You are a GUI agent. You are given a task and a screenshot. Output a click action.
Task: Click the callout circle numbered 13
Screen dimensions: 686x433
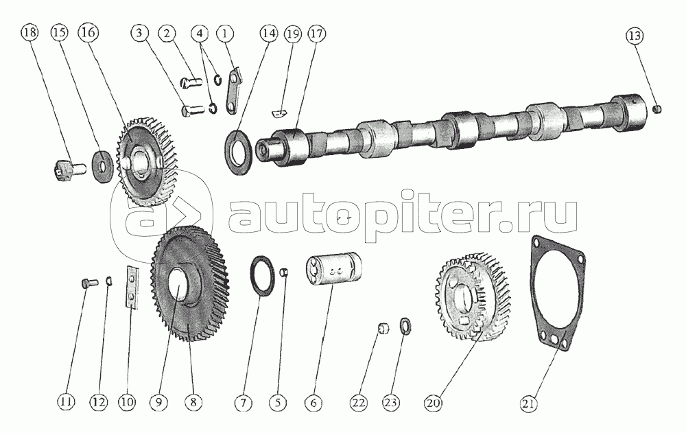635,36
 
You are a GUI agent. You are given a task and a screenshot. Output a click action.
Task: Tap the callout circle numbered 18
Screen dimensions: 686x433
29,33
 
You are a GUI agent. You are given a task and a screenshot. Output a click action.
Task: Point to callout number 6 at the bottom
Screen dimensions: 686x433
314,403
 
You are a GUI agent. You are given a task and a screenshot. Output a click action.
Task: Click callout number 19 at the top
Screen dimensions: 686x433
293,34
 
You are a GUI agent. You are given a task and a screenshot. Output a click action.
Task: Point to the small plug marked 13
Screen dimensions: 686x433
657,108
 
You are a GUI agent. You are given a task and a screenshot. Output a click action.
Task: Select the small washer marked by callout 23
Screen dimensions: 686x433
405,326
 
